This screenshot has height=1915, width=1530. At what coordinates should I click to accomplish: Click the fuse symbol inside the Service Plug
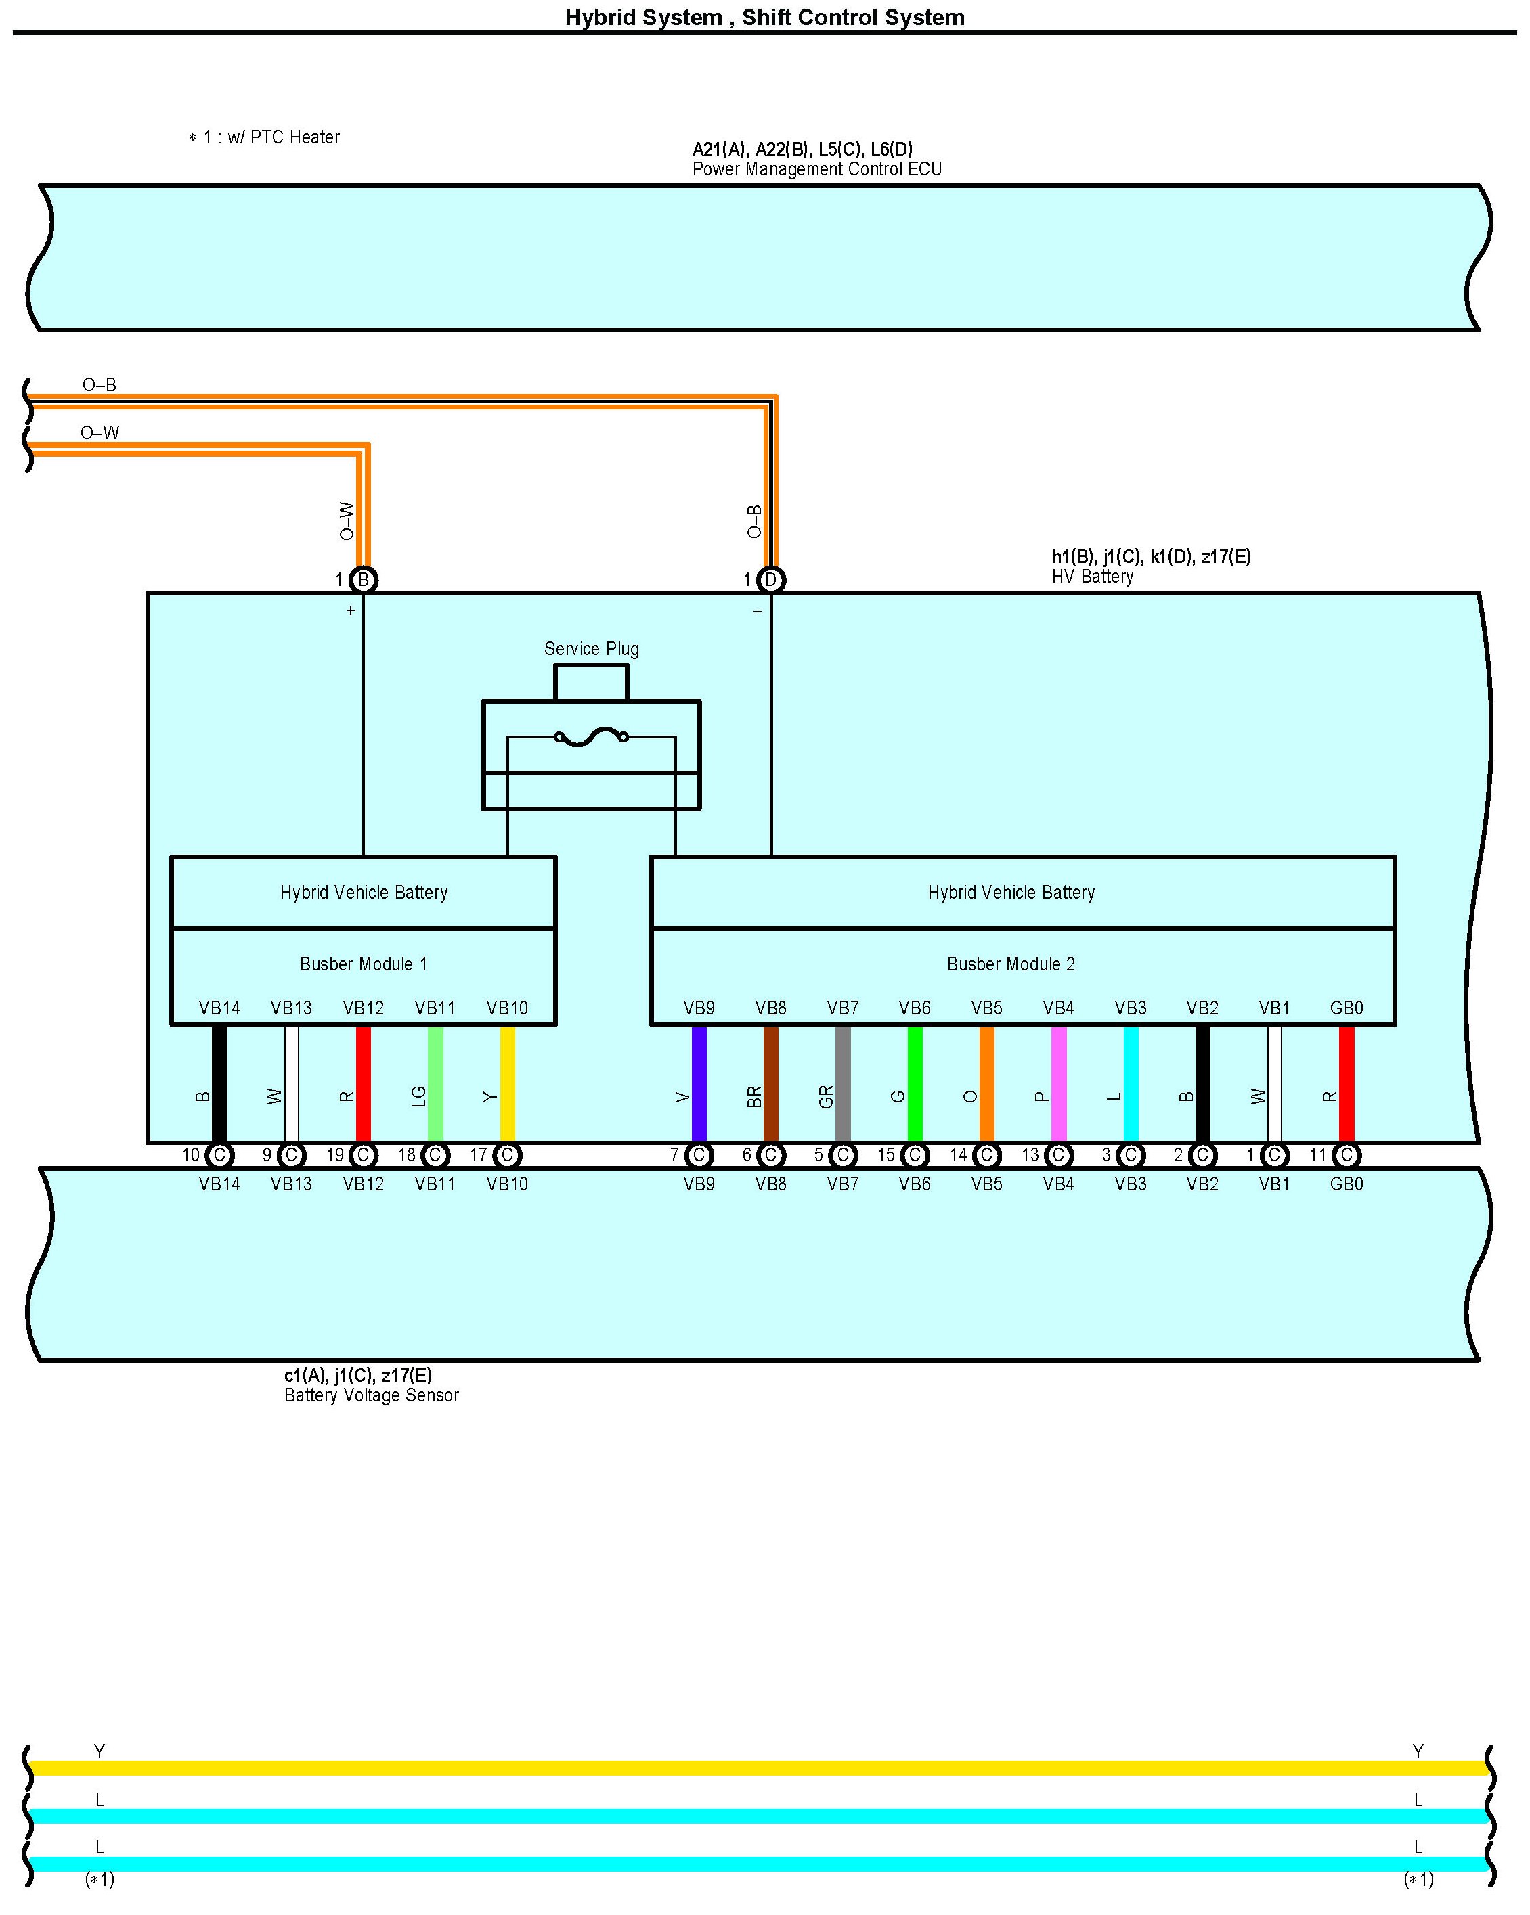[x=591, y=736]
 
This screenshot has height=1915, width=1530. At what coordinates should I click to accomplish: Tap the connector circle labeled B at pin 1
[x=364, y=580]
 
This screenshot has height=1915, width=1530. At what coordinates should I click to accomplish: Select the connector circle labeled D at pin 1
[x=770, y=580]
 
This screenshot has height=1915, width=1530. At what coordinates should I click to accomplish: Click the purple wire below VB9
[x=699, y=1083]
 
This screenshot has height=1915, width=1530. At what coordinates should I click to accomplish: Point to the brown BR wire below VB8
[x=770, y=1083]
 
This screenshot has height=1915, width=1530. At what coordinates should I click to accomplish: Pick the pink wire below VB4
[x=1058, y=1083]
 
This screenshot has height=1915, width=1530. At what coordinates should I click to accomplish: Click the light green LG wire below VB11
[x=435, y=1083]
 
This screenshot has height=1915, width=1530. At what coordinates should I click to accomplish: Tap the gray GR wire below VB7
[x=843, y=1083]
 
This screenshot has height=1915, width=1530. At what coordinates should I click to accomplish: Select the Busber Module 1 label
[x=364, y=964]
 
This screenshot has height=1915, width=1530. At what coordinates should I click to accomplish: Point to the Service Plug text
[x=591, y=648]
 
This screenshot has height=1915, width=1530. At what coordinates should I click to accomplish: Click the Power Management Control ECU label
[x=816, y=168]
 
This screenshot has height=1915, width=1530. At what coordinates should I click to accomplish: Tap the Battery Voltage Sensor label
[x=372, y=1395]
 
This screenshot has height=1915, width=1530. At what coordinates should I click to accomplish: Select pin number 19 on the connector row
[x=335, y=1154]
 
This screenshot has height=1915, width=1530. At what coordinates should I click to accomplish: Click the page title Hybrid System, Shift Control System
[x=764, y=17]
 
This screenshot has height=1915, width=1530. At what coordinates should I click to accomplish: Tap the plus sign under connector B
[x=351, y=610]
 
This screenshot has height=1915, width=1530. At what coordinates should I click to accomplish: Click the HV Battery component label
[x=1092, y=577]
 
